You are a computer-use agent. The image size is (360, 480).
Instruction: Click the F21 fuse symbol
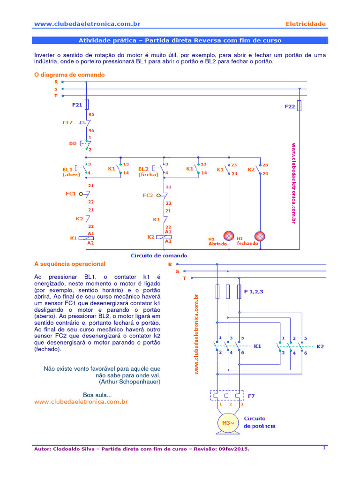pyautogui.click(x=87, y=104)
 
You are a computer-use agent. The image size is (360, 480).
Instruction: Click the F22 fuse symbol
pyautogui.click(x=300, y=106)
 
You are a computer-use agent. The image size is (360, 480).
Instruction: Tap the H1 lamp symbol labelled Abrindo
pyautogui.click(x=229, y=236)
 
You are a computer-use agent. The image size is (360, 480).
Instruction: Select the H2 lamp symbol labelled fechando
pyautogui.click(x=260, y=236)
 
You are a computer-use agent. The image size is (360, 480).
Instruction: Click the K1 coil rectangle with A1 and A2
pyautogui.click(x=87, y=238)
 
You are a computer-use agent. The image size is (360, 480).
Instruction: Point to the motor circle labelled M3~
pyautogui.click(x=227, y=423)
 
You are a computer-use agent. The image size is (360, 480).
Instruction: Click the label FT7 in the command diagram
pyautogui.click(x=67, y=122)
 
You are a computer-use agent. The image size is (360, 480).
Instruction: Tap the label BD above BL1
pyautogui.click(x=73, y=143)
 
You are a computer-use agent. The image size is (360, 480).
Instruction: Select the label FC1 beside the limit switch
pyautogui.click(x=70, y=193)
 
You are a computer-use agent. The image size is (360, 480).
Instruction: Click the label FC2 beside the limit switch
pyautogui.click(x=148, y=195)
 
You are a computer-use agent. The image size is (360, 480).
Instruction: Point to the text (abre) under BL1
pyautogui.click(x=72, y=175)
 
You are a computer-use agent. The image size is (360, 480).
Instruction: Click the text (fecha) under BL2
pyautogui.click(x=148, y=175)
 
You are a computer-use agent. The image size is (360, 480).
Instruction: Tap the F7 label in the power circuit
pyautogui.click(x=251, y=396)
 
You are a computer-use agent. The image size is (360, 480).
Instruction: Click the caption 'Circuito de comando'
pyautogui.click(x=158, y=255)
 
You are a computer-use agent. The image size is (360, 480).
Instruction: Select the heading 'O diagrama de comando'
pyautogui.click(x=69, y=75)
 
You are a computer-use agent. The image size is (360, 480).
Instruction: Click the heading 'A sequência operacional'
pyautogui.click(x=70, y=264)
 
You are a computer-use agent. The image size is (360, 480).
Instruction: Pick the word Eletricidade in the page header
pyautogui.click(x=306, y=24)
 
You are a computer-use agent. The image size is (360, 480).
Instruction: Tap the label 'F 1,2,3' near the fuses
pyautogui.click(x=254, y=292)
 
